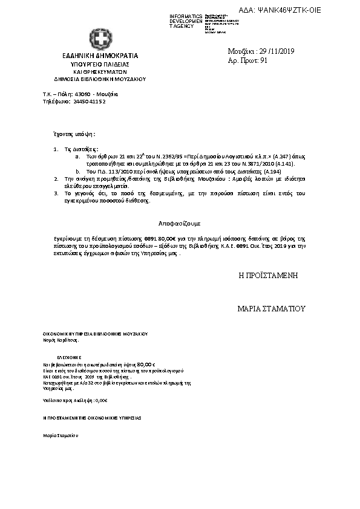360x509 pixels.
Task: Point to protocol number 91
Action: click(x=264, y=60)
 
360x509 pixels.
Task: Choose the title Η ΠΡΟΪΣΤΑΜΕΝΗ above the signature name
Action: click(x=268, y=275)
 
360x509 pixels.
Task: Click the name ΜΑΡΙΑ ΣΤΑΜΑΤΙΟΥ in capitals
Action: click(x=272, y=309)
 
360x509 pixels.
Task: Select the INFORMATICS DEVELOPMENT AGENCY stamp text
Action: click(x=186, y=21)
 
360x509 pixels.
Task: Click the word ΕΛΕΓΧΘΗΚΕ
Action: click(x=70, y=357)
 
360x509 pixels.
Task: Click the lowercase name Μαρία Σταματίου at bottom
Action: click(x=61, y=435)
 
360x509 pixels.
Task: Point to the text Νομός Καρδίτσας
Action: click(x=61, y=340)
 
